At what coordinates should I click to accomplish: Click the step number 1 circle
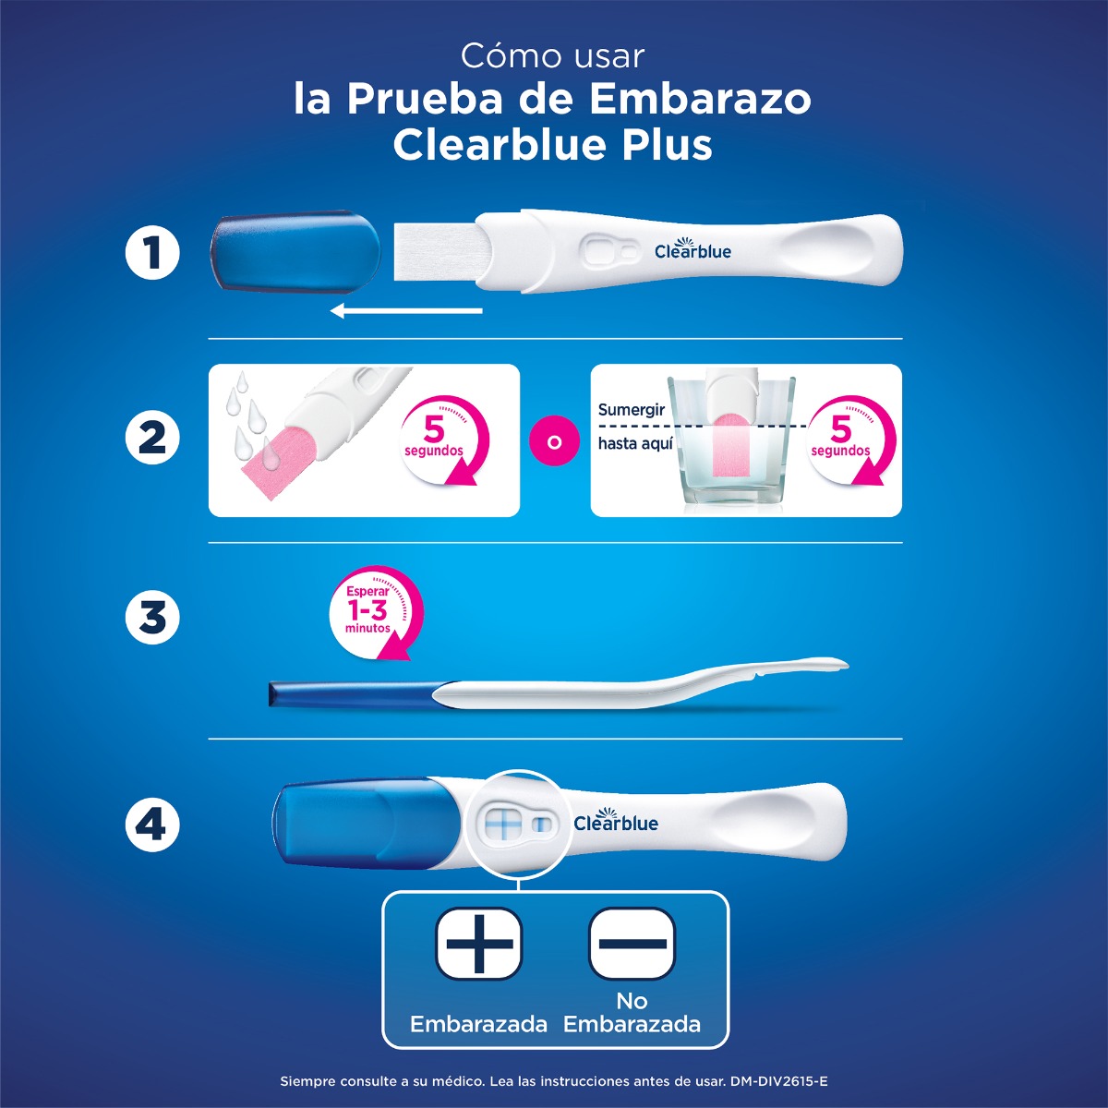pos(152,253)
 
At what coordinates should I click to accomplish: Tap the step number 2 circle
pos(152,438)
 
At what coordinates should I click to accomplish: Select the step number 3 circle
pos(152,617)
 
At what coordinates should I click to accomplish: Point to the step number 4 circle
pos(152,824)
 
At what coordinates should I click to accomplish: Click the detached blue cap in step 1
pos(295,251)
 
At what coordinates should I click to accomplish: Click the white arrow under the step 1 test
pos(406,310)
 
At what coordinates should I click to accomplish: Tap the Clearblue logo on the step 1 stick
pos(692,250)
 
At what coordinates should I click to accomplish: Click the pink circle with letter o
pos(554,441)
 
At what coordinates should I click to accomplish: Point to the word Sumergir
pos(632,410)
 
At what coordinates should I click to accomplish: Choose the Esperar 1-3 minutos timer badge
pos(374,610)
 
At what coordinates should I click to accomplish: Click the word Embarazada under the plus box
pos(478,1024)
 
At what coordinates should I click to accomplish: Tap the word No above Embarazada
pos(632,1001)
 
